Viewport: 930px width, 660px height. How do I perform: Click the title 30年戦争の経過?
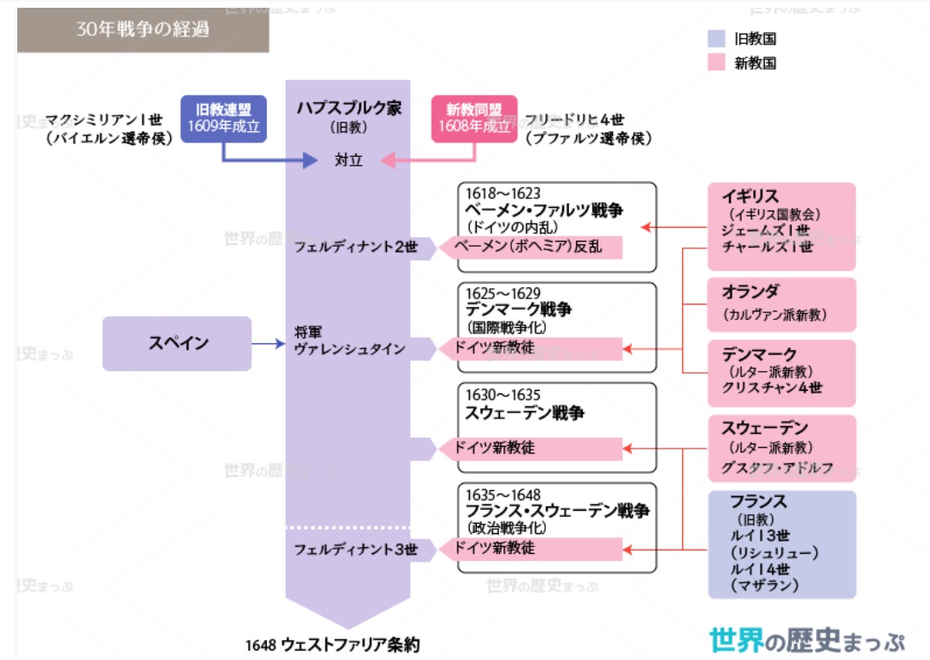click(x=142, y=29)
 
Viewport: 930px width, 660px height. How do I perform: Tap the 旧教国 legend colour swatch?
click(x=717, y=39)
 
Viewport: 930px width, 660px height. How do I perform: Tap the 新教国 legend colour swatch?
click(x=717, y=62)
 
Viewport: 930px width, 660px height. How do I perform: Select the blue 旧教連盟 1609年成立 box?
click(x=224, y=118)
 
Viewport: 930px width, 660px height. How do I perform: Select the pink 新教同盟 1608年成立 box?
click(x=474, y=118)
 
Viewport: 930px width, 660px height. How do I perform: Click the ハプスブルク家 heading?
click(x=349, y=108)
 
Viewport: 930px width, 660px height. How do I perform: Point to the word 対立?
click(x=348, y=160)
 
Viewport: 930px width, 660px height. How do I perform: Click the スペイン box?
click(x=177, y=343)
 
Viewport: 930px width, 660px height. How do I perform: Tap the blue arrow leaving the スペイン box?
click(x=269, y=343)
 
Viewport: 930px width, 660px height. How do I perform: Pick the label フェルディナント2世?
click(x=356, y=247)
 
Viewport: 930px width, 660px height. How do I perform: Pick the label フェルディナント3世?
click(x=356, y=550)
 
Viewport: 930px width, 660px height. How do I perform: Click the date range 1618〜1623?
click(x=503, y=193)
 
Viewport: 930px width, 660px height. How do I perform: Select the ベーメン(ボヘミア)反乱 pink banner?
click(x=531, y=247)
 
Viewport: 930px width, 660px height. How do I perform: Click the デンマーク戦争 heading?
click(x=518, y=309)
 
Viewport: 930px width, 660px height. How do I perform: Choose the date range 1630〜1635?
click(x=503, y=394)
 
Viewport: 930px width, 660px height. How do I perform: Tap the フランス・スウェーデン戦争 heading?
click(x=557, y=511)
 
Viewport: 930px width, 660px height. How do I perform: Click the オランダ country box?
click(x=781, y=305)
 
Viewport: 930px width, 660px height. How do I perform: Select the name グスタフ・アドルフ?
click(x=777, y=468)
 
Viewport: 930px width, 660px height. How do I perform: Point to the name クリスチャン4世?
click(x=772, y=388)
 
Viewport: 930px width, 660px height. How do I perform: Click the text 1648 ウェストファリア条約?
click(x=332, y=644)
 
